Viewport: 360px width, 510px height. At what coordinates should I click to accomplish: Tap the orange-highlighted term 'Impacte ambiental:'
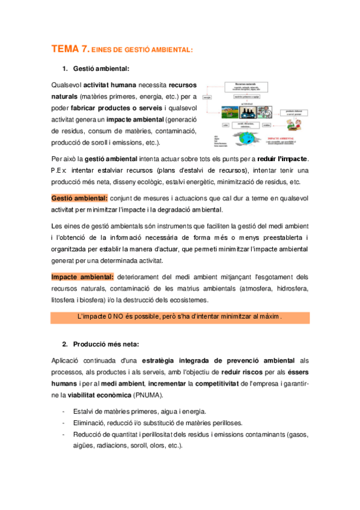(82, 277)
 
